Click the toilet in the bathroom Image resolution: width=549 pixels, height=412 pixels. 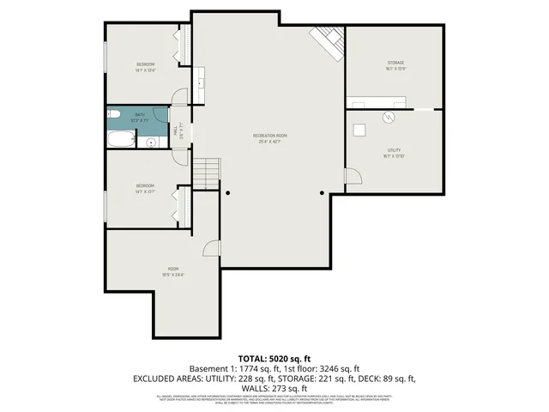tap(113, 114)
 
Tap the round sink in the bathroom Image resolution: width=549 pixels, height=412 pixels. tap(151, 142)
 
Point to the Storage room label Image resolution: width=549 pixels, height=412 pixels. tap(395, 64)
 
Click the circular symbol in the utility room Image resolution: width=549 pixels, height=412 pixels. tap(389, 118)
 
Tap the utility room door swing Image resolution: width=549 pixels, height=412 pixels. tap(350, 175)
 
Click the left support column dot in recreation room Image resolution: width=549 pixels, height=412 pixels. tap(228, 193)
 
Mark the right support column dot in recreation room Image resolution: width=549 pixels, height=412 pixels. tap(322, 193)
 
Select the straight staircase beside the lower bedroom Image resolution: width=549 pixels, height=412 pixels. tap(206, 174)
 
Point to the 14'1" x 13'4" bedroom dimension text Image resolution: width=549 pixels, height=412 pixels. tap(146, 70)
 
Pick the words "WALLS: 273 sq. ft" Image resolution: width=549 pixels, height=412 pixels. tap(274, 387)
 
